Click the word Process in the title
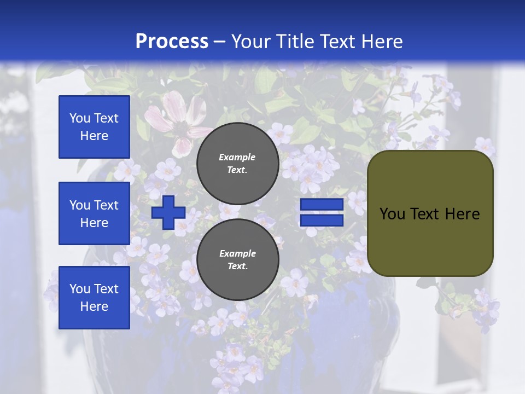[x=172, y=42]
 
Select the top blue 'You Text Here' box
[x=94, y=127]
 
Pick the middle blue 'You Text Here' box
[x=94, y=213]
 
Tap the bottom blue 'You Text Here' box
[x=94, y=298]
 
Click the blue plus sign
[x=168, y=212]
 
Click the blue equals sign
[x=322, y=212]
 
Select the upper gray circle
[x=237, y=163]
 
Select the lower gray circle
[x=237, y=259]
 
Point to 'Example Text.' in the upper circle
[x=237, y=163]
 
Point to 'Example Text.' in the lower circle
[x=237, y=259]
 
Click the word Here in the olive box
[x=462, y=214]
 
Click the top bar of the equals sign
[x=322, y=205]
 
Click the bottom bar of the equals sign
[x=322, y=220]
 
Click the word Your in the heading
[x=250, y=42]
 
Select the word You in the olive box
[x=393, y=214]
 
